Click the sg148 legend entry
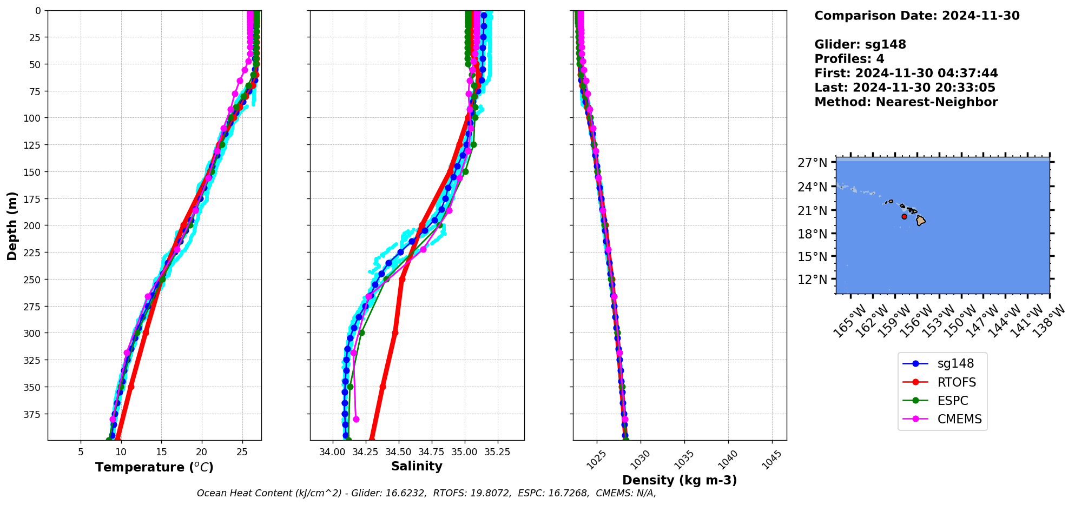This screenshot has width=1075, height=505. coord(955,364)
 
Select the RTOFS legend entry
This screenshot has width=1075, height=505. coord(957,382)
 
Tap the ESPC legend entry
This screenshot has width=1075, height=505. coord(953,401)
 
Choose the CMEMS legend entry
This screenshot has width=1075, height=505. coord(959,419)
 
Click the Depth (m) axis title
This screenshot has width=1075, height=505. coord(12,225)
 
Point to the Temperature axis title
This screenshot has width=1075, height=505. coord(154,467)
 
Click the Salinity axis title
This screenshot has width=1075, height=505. coord(417,466)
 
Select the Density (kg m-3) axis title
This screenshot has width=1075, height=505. coord(680,480)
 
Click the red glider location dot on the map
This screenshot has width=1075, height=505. coord(904,216)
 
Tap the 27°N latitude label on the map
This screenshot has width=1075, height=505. coord(813,163)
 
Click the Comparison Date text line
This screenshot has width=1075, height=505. coord(916,16)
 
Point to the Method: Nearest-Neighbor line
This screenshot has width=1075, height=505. coord(906,102)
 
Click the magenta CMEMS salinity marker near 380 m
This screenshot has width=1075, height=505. coord(356,419)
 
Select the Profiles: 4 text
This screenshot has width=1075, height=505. coord(849,59)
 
